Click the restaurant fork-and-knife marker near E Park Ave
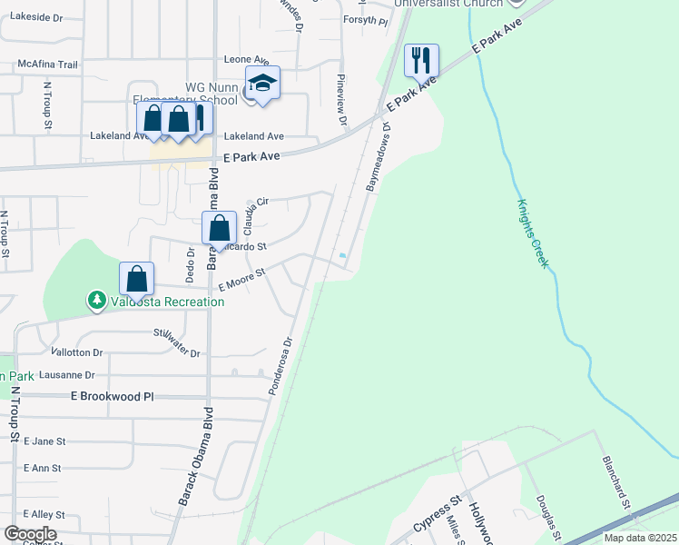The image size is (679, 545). coord(421,60)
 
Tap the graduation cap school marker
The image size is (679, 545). coord(262,83)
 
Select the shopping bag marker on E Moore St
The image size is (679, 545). coord(136,279)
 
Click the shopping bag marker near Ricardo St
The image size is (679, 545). coord(219,229)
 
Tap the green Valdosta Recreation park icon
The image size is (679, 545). coord(96,299)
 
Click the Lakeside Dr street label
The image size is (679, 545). coord(32,17)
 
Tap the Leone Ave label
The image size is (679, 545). coord(247,59)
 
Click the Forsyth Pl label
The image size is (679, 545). coord(366,20)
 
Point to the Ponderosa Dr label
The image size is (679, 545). coord(280,367)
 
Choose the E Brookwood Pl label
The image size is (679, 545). coord(113,397)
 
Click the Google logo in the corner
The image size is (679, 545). coord(30,534)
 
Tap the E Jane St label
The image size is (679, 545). coord(44,441)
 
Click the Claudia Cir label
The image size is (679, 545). coord(257,216)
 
